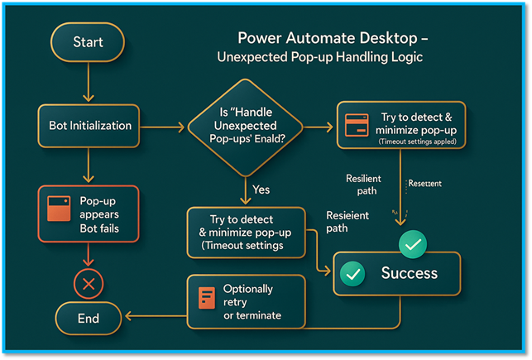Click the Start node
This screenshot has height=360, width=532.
(88, 41)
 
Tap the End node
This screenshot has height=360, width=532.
(88, 318)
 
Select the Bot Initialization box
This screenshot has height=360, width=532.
(89, 127)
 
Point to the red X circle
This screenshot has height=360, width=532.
(88, 286)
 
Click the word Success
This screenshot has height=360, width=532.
(409, 273)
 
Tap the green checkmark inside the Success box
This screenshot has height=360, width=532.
(353, 274)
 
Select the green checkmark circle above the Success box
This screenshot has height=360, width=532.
(412, 244)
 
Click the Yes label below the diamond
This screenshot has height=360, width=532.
(261, 190)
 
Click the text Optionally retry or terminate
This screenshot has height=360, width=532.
(252, 302)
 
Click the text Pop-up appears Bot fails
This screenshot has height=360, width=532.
(98, 215)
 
